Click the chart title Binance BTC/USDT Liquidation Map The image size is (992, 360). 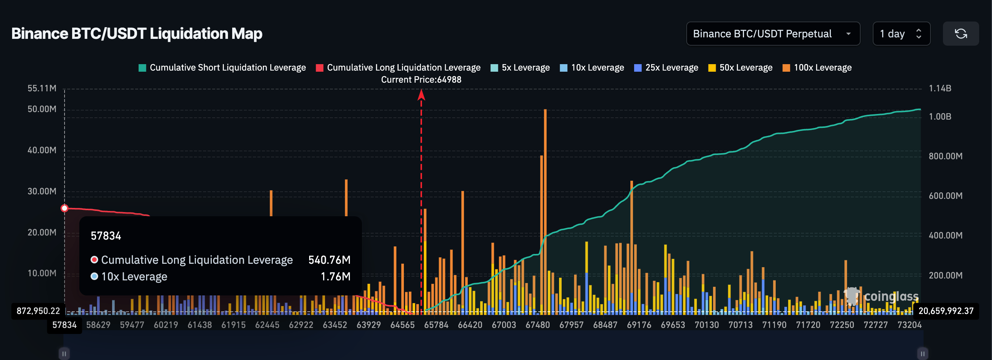[137, 34]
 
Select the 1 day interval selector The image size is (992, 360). [901, 34]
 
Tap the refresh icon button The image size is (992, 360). [960, 34]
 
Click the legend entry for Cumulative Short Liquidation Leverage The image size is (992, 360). [222, 68]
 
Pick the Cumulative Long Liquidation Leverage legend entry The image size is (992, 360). [398, 68]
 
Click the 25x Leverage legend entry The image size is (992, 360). [666, 68]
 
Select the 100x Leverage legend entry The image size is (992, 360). [817, 68]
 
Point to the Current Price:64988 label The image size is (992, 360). [421, 80]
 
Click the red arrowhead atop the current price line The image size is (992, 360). [421, 95]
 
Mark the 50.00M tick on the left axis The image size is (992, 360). [42, 109]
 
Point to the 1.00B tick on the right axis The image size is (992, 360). [940, 117]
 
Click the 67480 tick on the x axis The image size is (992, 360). [538, 325]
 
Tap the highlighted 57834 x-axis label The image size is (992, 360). [64, 325]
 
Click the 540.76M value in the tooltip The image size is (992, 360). [329, 260]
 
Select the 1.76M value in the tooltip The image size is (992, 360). [336, 277]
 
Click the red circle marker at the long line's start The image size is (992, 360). [65, 208]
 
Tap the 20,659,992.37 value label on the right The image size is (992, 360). [946, 311]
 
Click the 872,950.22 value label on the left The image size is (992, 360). [38, 311]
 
